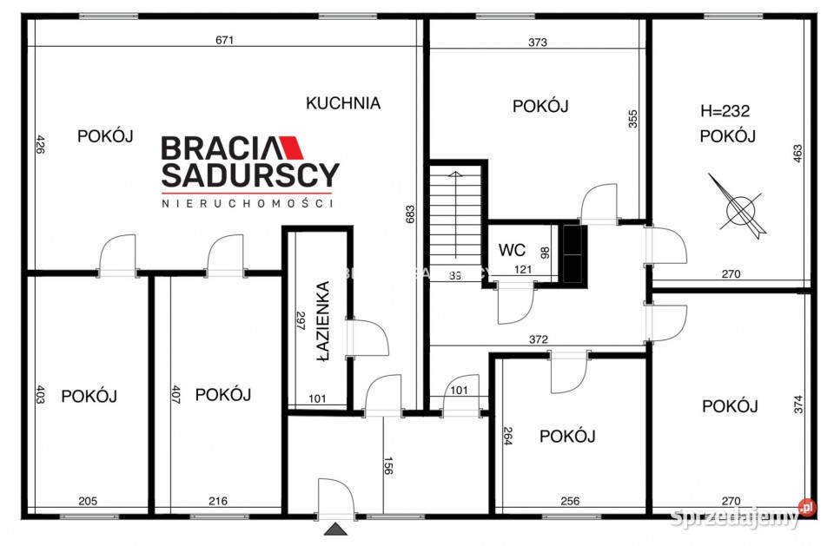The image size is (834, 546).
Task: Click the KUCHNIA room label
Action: pos(343,102)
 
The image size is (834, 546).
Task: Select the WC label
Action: pos(512,250)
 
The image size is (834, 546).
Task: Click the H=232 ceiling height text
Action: pos(725,111)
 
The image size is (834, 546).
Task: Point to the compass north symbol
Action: pos(739,207)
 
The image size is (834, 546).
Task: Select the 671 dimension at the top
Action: pos(227,40)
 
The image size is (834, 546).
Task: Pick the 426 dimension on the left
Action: pos(40,144)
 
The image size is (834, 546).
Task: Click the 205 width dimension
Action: pos(88,500)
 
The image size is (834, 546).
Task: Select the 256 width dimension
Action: pos(569,500)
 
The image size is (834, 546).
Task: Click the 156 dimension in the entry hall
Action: pos(387,467)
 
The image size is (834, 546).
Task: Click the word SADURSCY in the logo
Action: pos(250,176)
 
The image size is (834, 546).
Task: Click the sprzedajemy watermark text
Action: pos(737,518)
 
